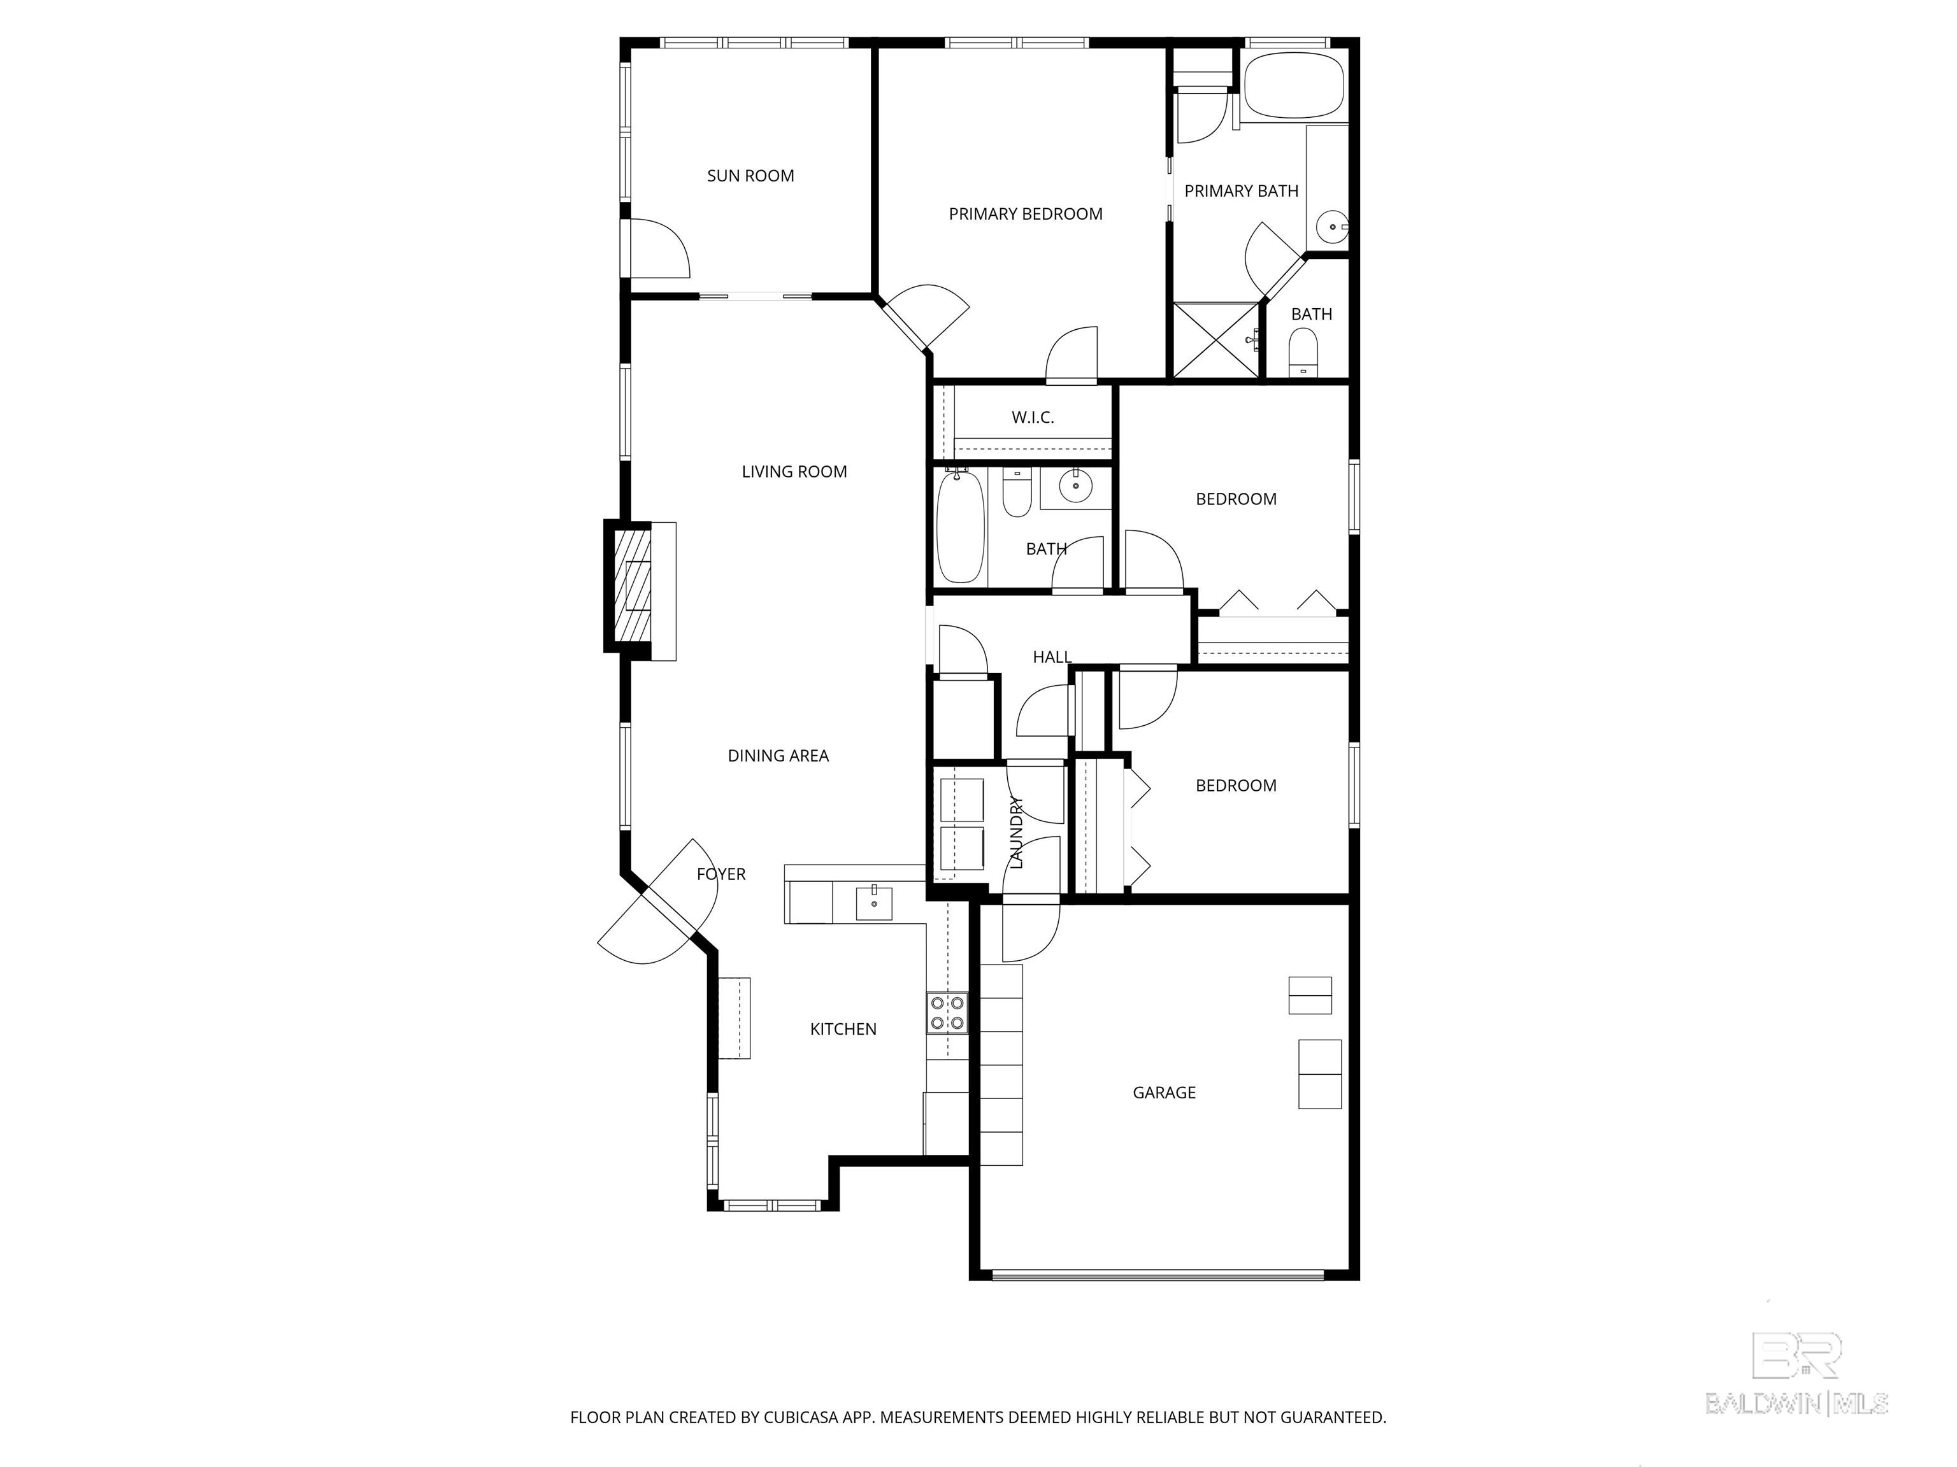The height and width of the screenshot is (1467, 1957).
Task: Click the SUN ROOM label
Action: tap(750, 176)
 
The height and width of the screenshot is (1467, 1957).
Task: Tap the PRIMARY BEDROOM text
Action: tap(1026, 214)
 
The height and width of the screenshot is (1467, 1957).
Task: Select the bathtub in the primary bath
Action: tap(1293, 86)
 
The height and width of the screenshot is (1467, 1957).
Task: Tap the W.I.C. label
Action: tap(1033, 418)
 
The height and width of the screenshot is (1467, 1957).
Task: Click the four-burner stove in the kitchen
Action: tap(947, 1014)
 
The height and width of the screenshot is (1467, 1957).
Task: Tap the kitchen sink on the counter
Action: tap(873, 904)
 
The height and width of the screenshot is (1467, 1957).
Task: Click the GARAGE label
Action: tap(1163, 1093)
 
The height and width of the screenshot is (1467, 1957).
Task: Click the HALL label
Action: tap(1052, 657)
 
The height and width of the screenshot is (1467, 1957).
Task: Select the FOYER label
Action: tap(721, 875)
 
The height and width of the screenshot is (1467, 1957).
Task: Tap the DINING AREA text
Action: tap(778, 756)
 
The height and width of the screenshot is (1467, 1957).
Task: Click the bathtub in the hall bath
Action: tap(961, 528)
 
